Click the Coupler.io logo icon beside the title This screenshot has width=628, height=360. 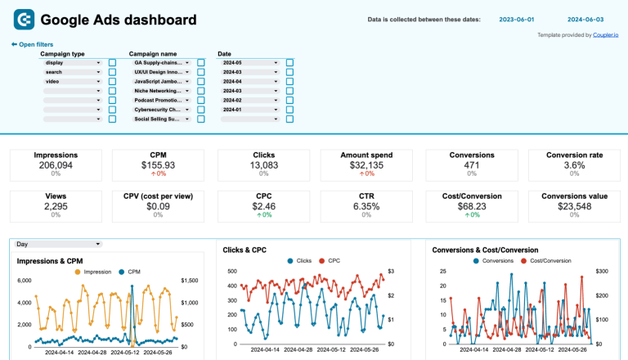[x=24, y=19]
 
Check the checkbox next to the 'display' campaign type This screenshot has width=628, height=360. [x=112, y=62]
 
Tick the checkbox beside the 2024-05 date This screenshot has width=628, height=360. [x=289, y=62]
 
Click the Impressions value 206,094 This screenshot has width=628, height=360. [x=56, y=164]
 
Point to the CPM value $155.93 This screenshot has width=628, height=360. [x=158, y=164]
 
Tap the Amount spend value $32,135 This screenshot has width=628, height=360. [x=366, y=164]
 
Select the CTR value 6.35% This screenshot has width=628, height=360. [x=366, y=206]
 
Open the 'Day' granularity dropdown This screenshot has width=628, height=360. [x=58, y=244]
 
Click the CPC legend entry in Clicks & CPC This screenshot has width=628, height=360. [x=329, y=261]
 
